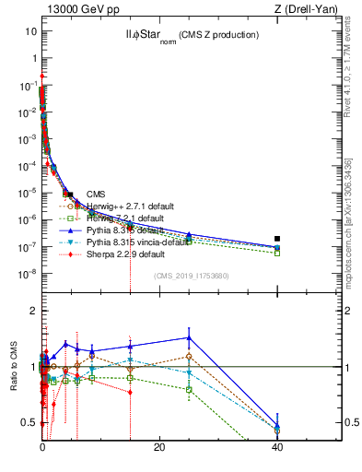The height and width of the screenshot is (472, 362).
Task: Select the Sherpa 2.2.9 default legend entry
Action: (125, 254)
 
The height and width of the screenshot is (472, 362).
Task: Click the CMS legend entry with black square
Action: (96, 194)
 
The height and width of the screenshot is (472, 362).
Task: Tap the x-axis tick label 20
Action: (159, 446)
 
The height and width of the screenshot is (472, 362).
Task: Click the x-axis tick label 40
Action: (277, 446)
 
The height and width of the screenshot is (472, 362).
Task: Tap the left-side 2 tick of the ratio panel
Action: (32, 311)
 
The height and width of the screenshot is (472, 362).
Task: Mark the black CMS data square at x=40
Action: (277, 239)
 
